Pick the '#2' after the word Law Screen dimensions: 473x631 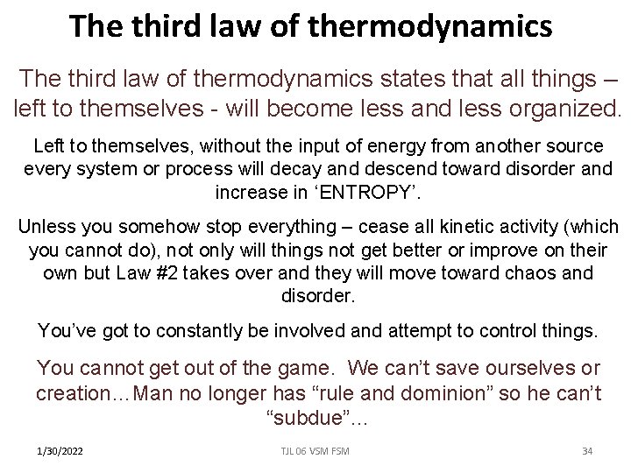click(162, 273)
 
